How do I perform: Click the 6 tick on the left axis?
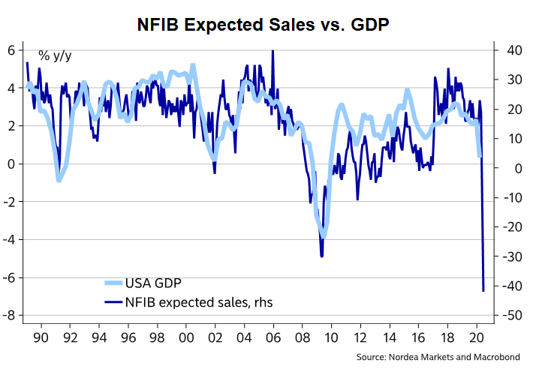point(11,50)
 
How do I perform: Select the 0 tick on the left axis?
point(11,164)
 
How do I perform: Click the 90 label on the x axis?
point(41,336)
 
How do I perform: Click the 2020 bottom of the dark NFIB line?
point(483,290)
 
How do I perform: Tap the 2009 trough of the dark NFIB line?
point(322,256)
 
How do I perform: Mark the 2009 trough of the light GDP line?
point(323,234)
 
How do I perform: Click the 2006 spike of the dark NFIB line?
point(273,51)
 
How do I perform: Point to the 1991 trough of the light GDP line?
point(59,181)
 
